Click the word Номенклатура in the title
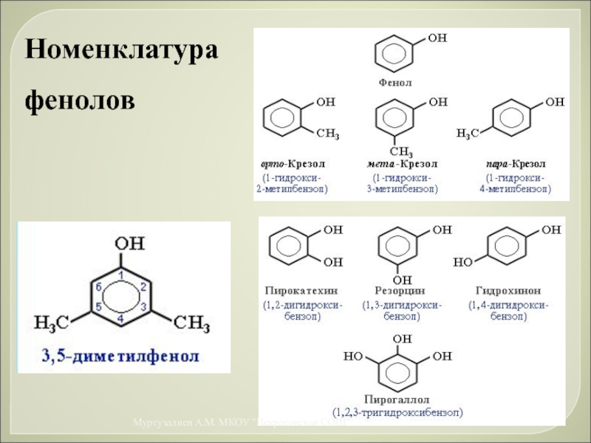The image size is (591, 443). point(123,51)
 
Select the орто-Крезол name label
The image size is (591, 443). point(293,163)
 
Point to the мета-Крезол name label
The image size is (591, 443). point(403,163)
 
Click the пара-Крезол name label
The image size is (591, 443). point(516,163)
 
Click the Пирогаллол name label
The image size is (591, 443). point(397,399)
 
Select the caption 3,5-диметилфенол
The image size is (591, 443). point(120,357)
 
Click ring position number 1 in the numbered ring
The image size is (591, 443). point(120,274)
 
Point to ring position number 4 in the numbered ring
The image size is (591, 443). point(120,317)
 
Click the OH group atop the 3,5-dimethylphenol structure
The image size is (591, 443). point(121,242)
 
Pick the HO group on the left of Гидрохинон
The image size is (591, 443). point(462,262)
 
